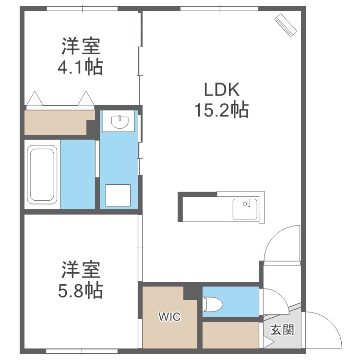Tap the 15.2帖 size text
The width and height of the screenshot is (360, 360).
(221, 110)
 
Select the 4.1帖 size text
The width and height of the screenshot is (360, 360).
(81, 67)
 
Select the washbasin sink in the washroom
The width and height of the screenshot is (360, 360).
(120, 122)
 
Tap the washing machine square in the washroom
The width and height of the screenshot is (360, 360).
(118, 196)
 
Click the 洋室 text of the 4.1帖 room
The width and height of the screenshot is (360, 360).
(81, 47)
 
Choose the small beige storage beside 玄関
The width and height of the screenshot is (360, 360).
(230, 335)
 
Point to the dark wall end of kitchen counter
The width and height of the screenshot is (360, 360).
(181, 207)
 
